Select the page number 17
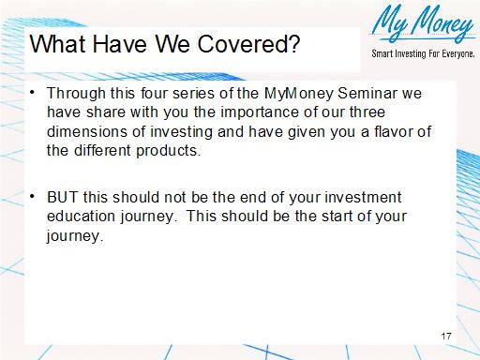coord(446,335)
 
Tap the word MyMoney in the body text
coord(294,94)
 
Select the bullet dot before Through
coord(34,93)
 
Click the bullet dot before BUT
coord(34,196)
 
